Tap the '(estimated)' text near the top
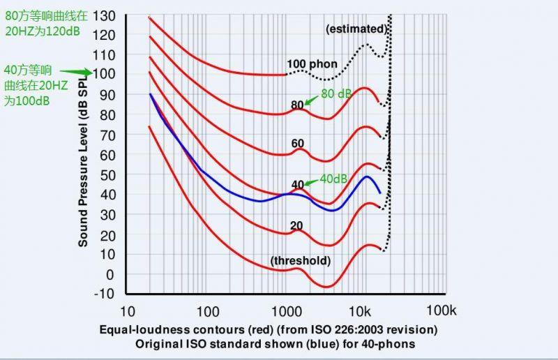click(356, 29)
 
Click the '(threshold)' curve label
click(300, 261)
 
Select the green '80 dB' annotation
click(336, 93)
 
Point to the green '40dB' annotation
click(333, 179)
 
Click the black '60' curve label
click(299, 144)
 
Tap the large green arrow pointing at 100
click(75, 71)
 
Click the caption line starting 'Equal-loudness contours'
click(268, 329)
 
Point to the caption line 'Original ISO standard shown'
click(268, 343)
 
